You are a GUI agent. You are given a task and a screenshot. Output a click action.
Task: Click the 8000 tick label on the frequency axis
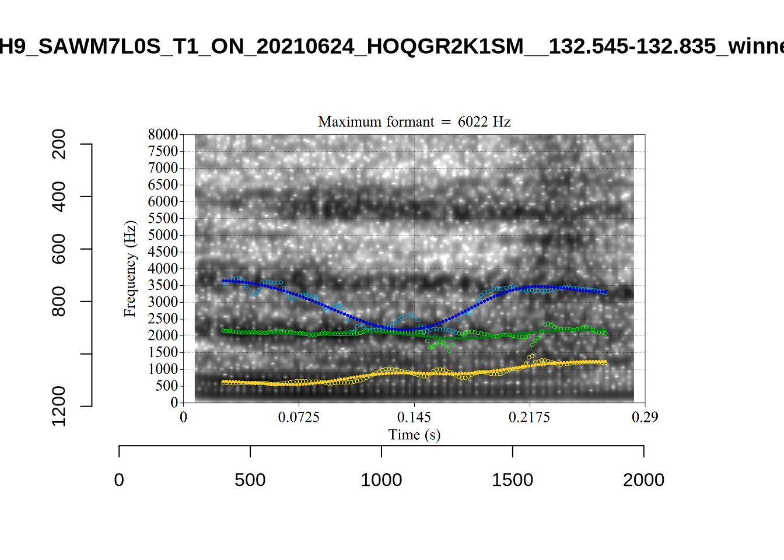point(163,134)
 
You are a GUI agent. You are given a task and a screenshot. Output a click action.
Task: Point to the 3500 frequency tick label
point(163,285)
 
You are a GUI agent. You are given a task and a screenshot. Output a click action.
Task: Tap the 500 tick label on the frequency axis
point(166,386)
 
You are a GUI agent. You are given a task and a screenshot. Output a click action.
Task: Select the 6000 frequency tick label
point(163,201)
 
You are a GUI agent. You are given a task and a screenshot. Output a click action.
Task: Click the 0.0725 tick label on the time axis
point(299,417)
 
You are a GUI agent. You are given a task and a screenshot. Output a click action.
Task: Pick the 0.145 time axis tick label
point(414,417)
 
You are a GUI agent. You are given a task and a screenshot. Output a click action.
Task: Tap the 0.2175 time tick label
point(529,417)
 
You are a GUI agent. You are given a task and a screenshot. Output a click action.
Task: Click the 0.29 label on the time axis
point(645,417)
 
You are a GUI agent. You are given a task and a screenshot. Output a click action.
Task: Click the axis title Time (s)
point(414,435)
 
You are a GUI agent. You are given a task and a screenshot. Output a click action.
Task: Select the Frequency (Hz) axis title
point(129,268)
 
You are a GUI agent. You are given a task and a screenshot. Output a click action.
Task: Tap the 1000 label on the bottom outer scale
point(381,480)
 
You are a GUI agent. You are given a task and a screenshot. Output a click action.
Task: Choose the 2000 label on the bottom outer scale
point(643,480)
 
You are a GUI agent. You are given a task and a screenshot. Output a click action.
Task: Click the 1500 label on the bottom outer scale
point(512,480)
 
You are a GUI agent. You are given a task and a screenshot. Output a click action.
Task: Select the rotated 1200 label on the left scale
point(59,406)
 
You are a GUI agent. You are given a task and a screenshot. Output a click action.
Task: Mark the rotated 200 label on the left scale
point(59,144)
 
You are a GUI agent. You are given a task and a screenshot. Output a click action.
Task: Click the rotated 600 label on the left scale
point(59,249)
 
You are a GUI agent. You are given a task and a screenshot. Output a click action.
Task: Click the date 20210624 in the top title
point(305,46)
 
